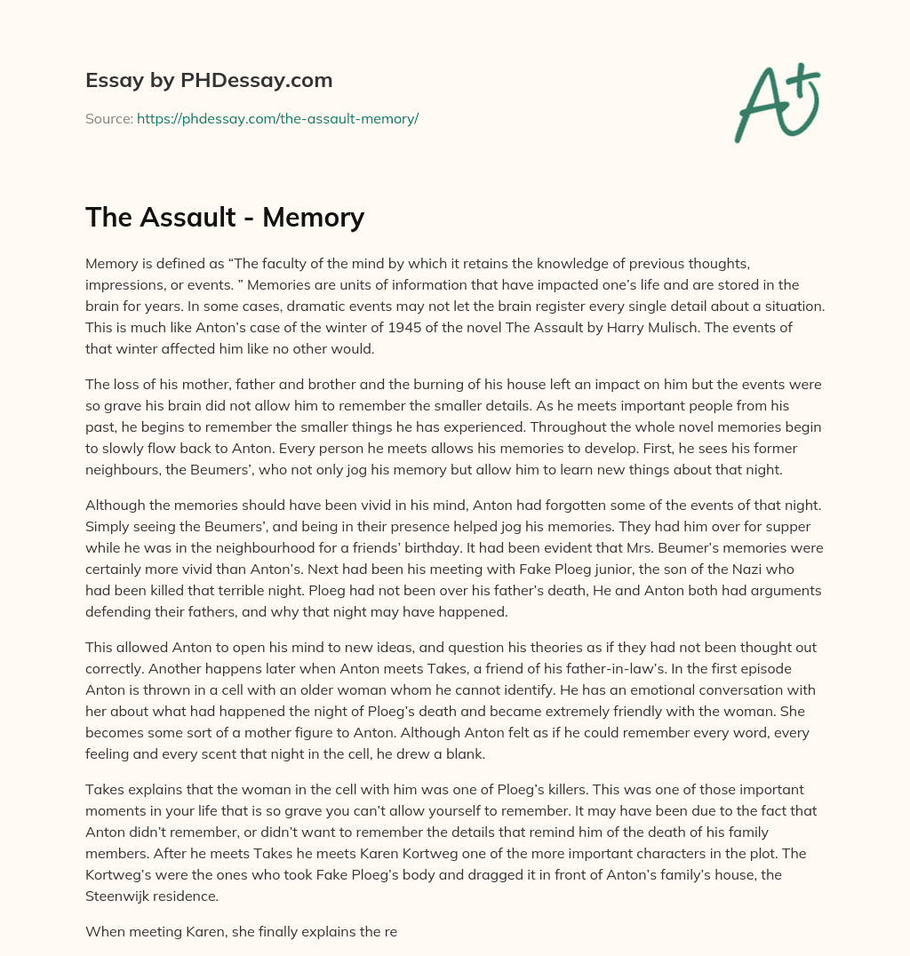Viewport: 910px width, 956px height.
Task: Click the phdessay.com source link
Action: coord(277,118)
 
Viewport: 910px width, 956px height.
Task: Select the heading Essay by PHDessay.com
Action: coord(209,80)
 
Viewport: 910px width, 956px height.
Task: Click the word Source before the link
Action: coord(108,118)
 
